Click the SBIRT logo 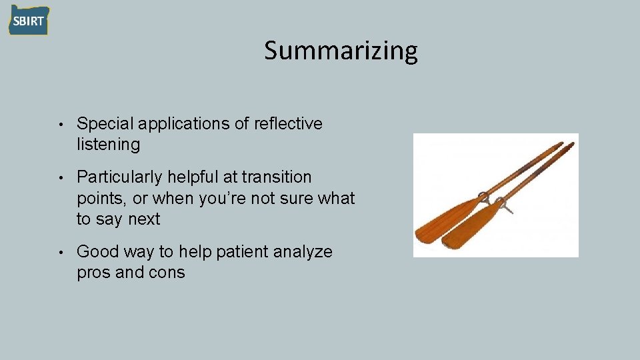click(29, 20)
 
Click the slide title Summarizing click(341, 51)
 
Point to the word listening click(108, 145)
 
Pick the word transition click(277, 177)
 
